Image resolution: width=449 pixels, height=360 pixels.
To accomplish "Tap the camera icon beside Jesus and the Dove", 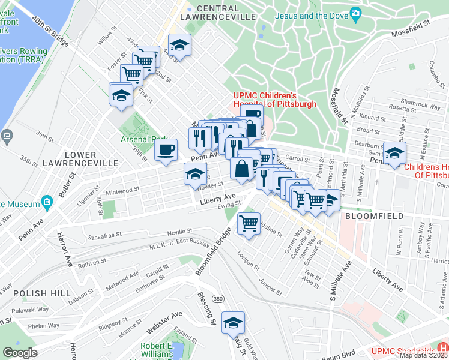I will click(x=355, y=13).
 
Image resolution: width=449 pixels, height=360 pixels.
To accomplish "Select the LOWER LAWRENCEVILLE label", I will click(x=88, y=159).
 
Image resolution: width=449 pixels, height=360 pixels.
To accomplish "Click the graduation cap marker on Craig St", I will click(x=233, y=323).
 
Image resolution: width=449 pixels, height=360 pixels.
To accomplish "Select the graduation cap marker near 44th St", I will click(x=179, y=46).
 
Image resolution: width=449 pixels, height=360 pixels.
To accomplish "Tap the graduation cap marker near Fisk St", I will click(x=121, y=95).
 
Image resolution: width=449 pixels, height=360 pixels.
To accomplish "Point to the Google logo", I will click(x=20, y=353).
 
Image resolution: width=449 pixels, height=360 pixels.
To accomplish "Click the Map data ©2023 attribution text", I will click(x=423, y=355).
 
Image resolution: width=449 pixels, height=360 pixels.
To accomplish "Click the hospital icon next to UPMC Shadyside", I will click(x=443, y=347).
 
